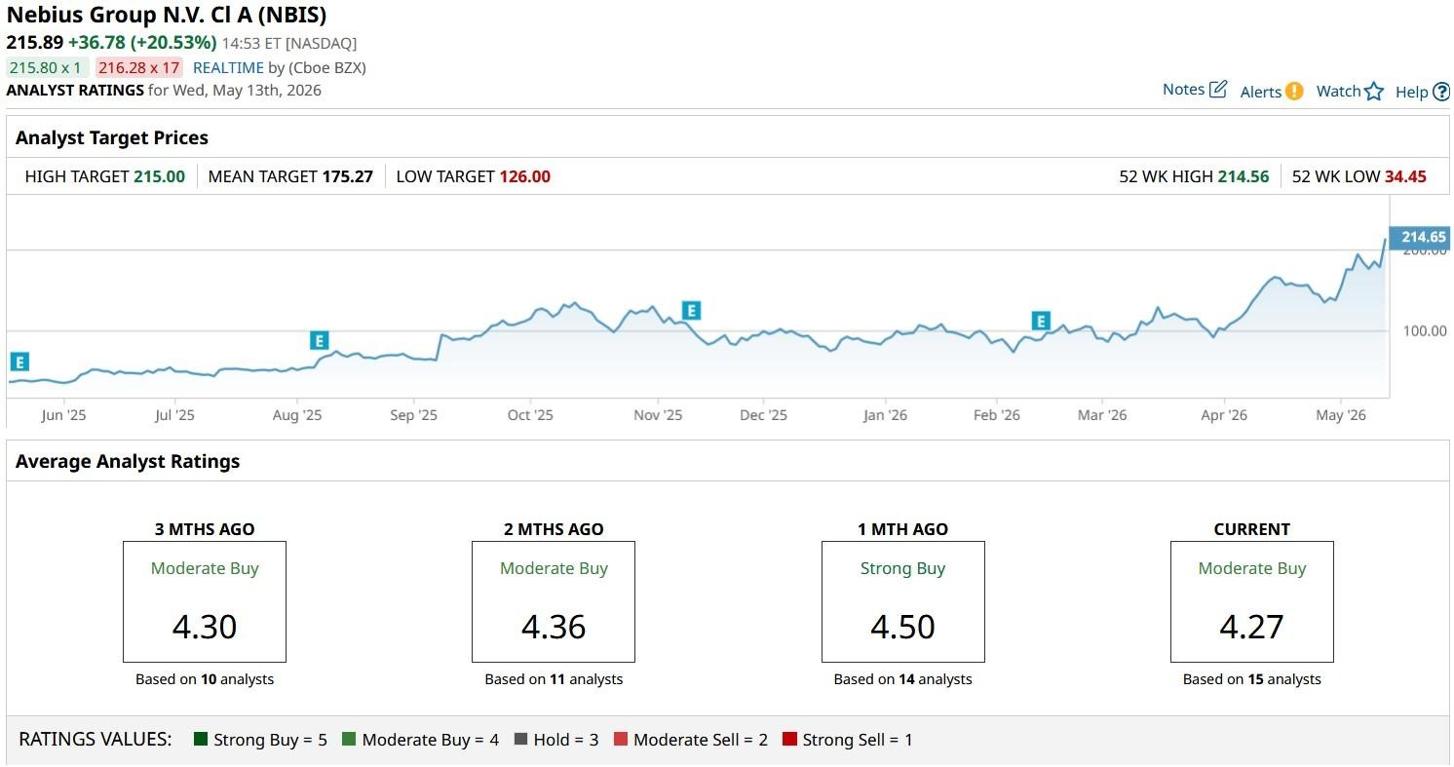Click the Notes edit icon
(x=1218, y=89)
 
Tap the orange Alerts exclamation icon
(x=1293, y=91)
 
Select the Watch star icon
(x=1373, y=91)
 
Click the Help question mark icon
(x=1441, y=92)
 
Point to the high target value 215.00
(x=159, y=176)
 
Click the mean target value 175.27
(x=347, y=176)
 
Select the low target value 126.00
(x=524, y=176)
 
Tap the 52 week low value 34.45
(x=1405, y=176)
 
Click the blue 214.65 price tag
(x=1419, y=237)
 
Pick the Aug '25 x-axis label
(x=296, y=415)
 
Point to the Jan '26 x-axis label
(x=885, y=415)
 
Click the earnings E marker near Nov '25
(x=691, y=311)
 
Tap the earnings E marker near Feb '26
(x=1041, y=321)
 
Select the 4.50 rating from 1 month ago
(x=902, y=627)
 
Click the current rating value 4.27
(x=1251, y=627)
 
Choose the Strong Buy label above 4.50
(x=902, y=568)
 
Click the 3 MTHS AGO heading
(x=205, y=529)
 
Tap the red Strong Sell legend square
(x=789, y=739)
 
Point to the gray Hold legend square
(x=520, y=739)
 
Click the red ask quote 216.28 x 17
(x=139, y=67)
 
